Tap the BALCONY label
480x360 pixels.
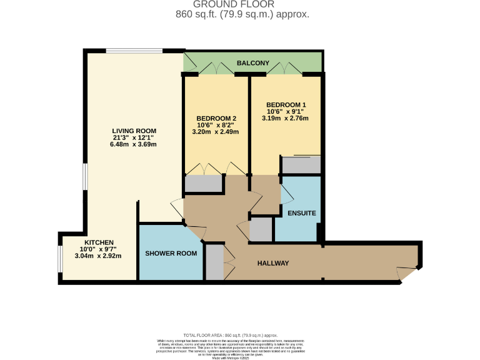(253, 63)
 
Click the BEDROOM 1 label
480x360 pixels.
(286, 104)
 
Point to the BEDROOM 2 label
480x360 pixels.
(216, 118)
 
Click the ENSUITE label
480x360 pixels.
(301, 213)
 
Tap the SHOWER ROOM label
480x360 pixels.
(171, 253)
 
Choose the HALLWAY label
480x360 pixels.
(273, 263)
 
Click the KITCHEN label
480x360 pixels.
(99, 242)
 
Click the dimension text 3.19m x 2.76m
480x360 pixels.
(286, 118)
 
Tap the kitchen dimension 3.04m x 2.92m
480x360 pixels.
(99, 256)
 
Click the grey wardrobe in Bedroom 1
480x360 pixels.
(301, 164)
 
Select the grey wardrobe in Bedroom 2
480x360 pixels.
(204, 183)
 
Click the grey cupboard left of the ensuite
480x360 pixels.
(261, 230)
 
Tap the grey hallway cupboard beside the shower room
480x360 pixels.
(214, 262)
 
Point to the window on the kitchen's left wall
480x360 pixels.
(60, 259)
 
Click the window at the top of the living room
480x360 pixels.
(134, 51)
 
